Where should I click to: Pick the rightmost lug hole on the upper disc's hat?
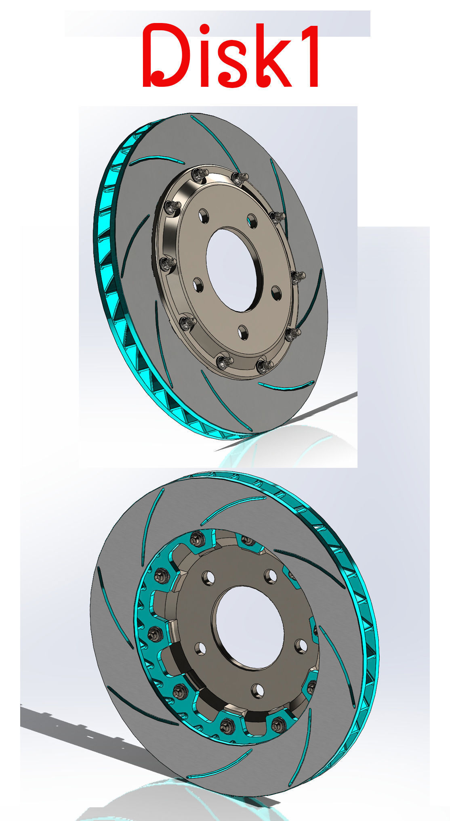tap(276, 293)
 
